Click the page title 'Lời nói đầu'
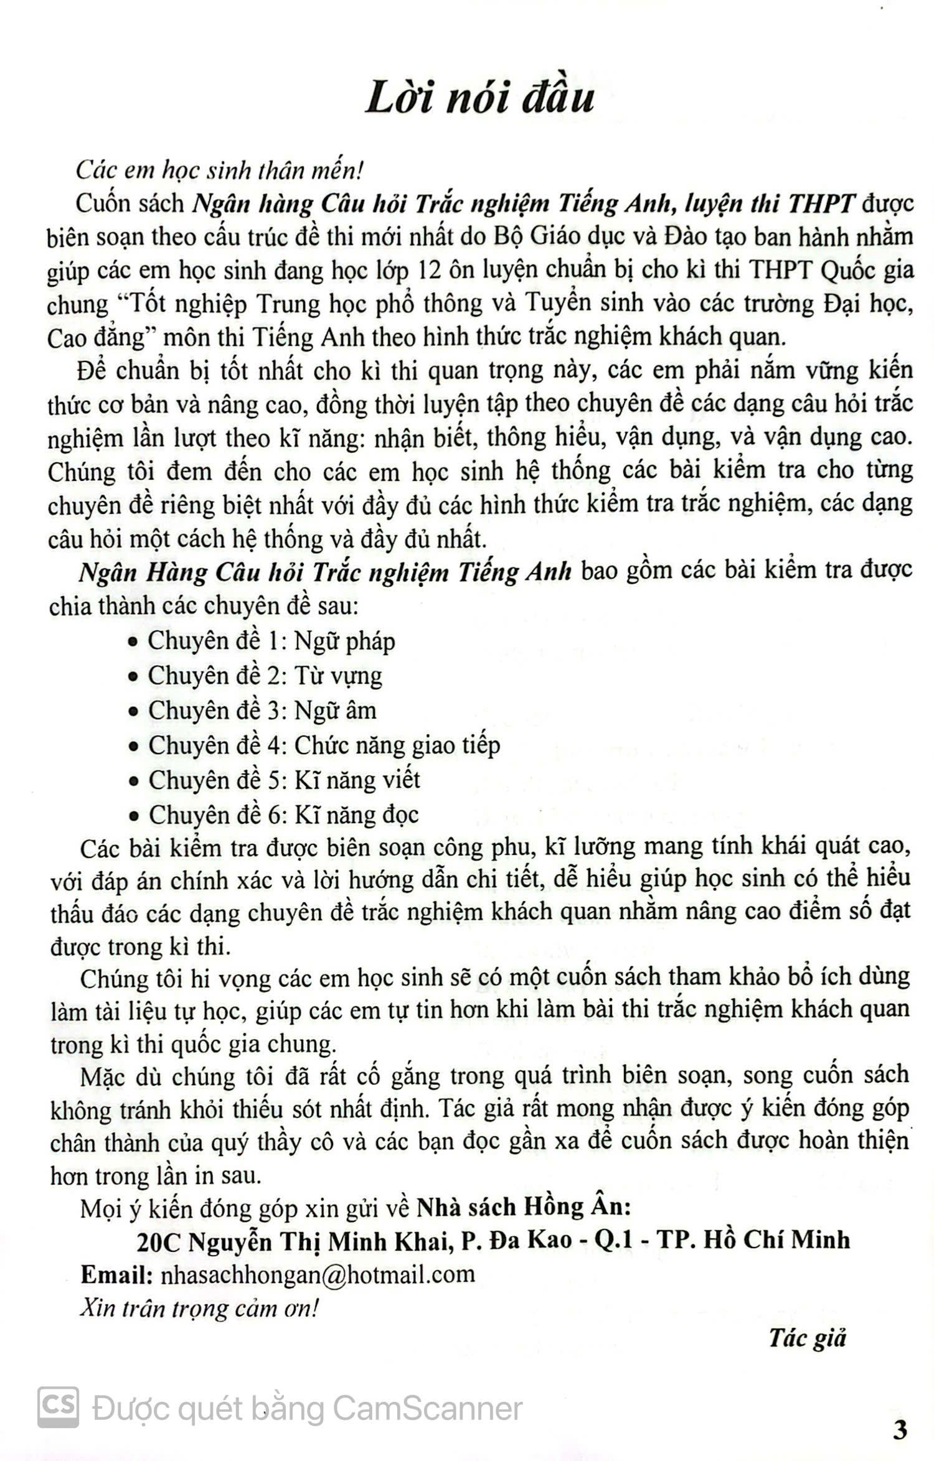click(479, 99)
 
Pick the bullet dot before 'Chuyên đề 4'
click(132, 747)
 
